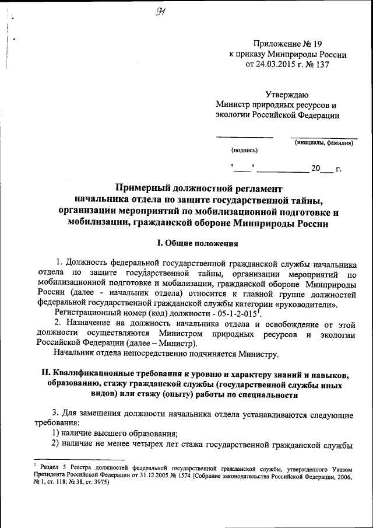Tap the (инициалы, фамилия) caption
(323, 142)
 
